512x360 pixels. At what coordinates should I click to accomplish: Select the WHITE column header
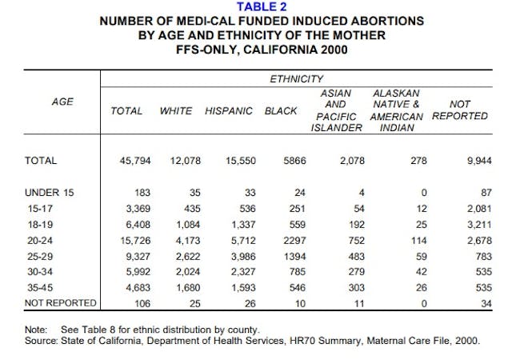(176, 110)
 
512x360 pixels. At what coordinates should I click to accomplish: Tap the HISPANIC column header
(229, 110)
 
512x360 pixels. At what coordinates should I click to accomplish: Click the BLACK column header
(281, 110)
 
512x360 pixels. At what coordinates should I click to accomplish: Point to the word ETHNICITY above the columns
(296, 78)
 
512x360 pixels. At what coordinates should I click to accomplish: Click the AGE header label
(61, 102)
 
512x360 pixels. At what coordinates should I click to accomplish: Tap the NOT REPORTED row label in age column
(61, 302)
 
